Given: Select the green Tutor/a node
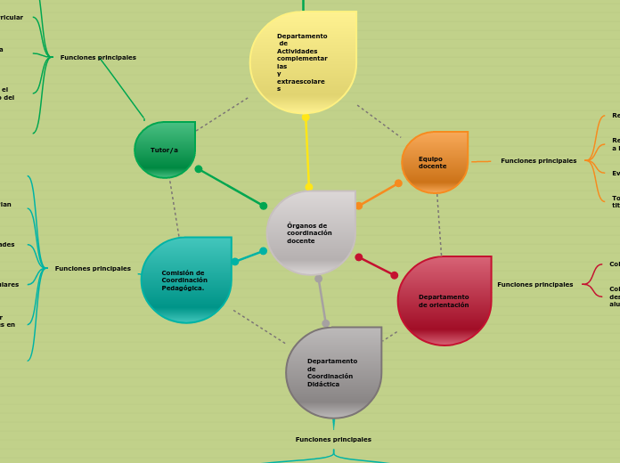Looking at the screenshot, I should pos(165,150).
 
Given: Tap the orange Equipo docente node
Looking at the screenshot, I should pos(434,162).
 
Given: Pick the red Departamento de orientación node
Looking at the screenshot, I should pos(444,300).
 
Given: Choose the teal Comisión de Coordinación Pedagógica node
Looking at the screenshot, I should pos(185,280).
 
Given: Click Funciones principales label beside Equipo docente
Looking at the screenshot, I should pos(538,161).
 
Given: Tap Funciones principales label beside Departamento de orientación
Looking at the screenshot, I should pos(534,285).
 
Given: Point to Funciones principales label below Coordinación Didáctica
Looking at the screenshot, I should pos(333,439).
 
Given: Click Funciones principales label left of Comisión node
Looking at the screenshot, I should pos(93,268).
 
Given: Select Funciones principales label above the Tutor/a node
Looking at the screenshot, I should pos(98,57).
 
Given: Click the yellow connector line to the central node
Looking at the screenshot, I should pos(307,151).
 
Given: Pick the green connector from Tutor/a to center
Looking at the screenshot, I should pos(231,187).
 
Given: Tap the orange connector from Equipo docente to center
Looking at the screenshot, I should pos(379,194).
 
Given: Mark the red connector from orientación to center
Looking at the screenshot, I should pos(377,266).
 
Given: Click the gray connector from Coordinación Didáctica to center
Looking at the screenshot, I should pos(322,301).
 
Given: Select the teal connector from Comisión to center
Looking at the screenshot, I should pos(249,256).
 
